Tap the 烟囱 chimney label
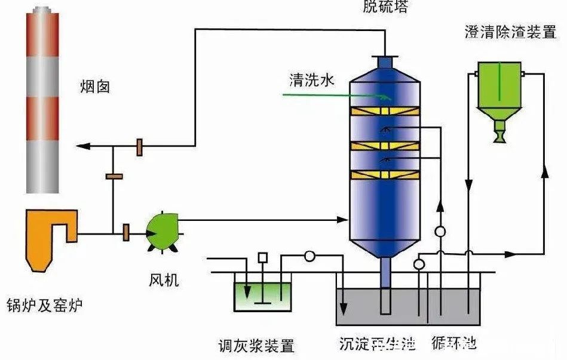point(95,88)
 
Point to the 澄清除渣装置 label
point(510,32)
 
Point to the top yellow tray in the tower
point(385,112)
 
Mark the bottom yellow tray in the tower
point(385,175)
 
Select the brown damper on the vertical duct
point(114,176)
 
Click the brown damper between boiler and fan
point(125,231)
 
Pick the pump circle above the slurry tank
point(309,256)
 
